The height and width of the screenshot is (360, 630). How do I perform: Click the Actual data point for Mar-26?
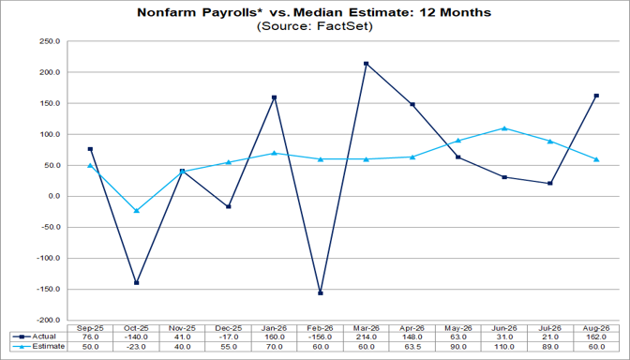(366, 64)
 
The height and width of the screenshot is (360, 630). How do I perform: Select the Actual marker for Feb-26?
(321, 292)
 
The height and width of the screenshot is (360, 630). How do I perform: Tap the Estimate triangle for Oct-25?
(136, 210)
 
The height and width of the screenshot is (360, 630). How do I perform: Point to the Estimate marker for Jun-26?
(504, 127)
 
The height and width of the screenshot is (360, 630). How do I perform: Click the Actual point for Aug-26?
(596, 96)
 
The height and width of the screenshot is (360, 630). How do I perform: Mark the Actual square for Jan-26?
(275, 97)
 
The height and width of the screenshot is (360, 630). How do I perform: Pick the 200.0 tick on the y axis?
(50, 72)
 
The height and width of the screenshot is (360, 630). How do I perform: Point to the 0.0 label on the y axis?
(53, 197)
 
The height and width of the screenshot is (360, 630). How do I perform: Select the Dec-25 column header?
(228, 328)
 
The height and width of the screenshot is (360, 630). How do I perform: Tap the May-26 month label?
(458, 328)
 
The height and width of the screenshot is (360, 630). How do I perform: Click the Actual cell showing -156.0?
(321, 337)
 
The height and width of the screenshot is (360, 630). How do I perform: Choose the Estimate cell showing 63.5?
(412, 346)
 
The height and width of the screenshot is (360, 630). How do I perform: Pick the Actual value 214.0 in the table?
(366, 337)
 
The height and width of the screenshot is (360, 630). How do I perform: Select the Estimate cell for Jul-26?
(550, 346)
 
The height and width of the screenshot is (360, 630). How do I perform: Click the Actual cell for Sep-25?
(90, 337)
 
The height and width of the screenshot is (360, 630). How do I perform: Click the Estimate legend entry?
(38, 346)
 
